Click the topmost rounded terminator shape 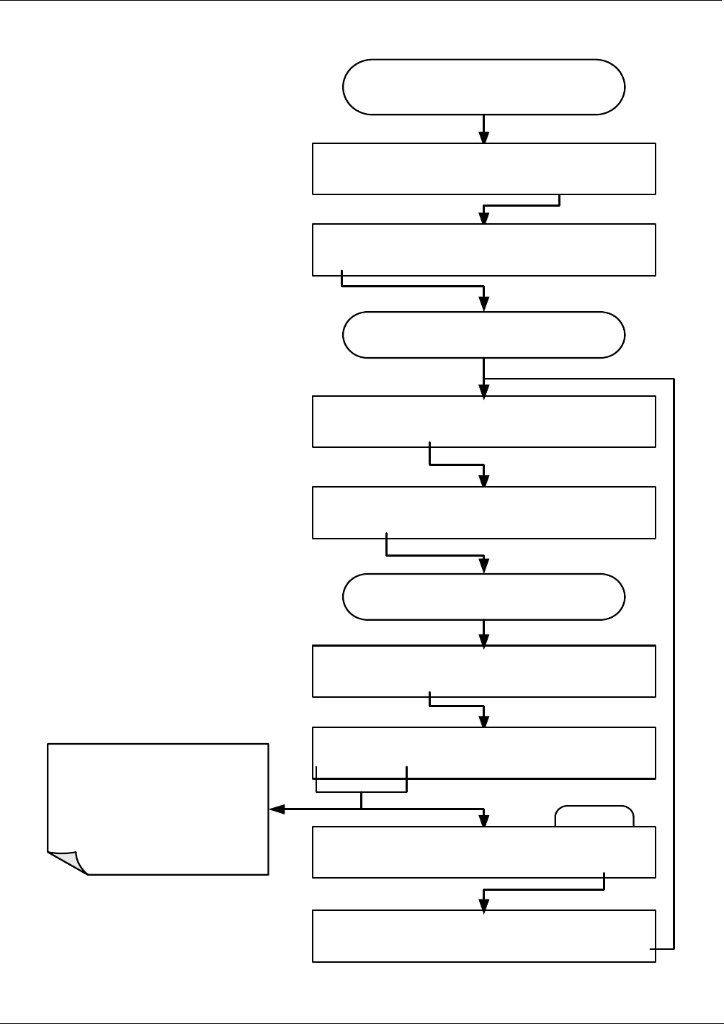tap(483, 87)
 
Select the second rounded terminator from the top tap(483, 335)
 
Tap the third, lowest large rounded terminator tap(483, 597)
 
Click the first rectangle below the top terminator tap(483, 169)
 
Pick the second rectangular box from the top tap(483, 250)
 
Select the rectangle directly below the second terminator tap(483, 421)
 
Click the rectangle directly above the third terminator tap(483, 513)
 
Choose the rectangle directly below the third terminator tap(483, 671)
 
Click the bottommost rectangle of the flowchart tap(483, 936)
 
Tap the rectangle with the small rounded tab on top tap(483, 853)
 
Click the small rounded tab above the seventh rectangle tap(594, 817)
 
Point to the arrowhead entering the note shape tap(275, 809)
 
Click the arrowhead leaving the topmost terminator tap(483, 138)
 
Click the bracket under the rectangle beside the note tap(362, 791)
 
